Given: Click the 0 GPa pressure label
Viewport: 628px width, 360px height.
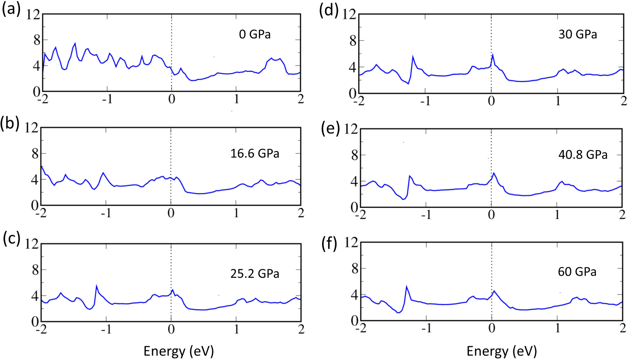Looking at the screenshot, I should pyautogui.click(x=255, y=34).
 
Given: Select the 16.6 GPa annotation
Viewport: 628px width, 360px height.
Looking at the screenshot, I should pyautogui.click(x=255, y=153).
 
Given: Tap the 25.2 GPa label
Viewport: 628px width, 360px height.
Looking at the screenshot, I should pyautogui.click(x=255, y=273).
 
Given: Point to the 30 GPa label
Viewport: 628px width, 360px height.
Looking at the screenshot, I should pyautogui.click(x=578, y=34).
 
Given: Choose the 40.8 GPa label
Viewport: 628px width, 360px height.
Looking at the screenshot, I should pyautogui.click(x=583, y=154).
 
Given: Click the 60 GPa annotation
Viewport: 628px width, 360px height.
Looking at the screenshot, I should pyautogui.click(x=577, y=272).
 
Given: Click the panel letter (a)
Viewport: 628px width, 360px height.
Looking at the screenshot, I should pyautogui.click(x=11, y=9).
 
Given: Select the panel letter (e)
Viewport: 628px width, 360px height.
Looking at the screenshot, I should pyautogui.click(x=331, y=128).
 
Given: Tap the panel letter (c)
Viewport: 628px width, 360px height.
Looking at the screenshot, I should pyautogui.click(x=11, y=239).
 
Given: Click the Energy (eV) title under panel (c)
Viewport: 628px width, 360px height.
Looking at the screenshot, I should pyautogui.click(x=178, y=351).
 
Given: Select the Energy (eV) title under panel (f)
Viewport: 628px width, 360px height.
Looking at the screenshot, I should pyautogui.click(x=501, y=351).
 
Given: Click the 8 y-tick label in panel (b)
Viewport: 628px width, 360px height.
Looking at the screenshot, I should pyautogui.click(x=35, y=154).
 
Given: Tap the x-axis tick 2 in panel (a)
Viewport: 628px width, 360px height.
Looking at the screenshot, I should pyautogui.click(x=301, y=99).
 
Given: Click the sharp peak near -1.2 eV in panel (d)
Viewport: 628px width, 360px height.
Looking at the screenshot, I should pyautogui.click(x=413, y=56).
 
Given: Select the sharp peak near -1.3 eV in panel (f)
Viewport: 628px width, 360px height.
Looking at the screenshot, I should pyautogui.click(x=406, y=286).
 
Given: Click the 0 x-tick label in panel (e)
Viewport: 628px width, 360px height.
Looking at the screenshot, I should pyautogui.click(x=491, y=215).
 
